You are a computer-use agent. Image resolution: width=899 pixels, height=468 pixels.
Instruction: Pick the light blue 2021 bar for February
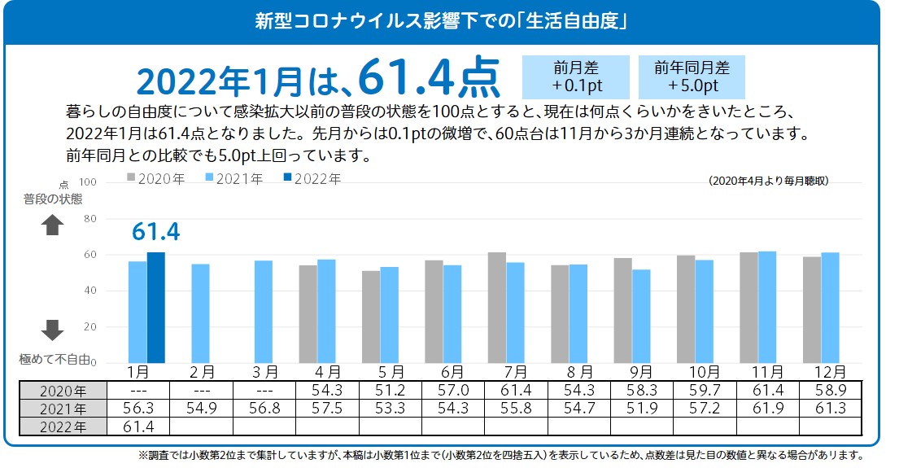[200, 313]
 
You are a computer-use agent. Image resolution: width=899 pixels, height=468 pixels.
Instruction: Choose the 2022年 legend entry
[312, 178]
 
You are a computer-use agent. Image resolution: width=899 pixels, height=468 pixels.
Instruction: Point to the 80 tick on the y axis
[90, 219]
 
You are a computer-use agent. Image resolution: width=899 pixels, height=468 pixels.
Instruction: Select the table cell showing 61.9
[767, 408]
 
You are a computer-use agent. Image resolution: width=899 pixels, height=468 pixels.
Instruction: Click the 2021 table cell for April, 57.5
[326, 408]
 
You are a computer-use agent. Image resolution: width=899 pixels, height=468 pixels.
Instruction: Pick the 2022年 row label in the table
[63, 426]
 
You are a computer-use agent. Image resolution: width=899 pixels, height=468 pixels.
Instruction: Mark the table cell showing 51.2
[389, 390]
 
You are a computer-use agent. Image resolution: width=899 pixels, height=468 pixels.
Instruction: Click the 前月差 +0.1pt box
[577, 77]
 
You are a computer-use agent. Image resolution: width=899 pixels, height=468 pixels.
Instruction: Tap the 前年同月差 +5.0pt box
[692, 77]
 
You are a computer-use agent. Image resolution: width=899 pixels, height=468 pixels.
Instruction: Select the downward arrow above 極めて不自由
[52, 329]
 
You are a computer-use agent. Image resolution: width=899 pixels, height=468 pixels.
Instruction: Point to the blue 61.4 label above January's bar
[155, 233]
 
